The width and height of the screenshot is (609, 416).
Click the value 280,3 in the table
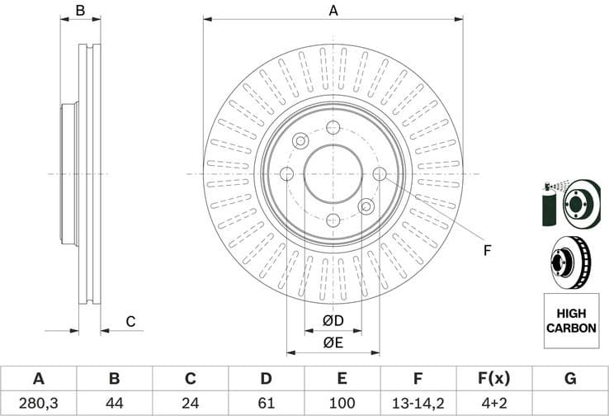pyautogui.click(x=38, y=403)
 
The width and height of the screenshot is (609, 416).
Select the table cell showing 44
pyautogui.click(x=115, y=403)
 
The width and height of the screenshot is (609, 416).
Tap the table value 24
pyautogui.click(x=191, y=403)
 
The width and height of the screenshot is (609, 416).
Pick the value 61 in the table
pyautogui.click(x=266, y=403)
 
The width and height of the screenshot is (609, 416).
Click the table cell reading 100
pyautogui.click(x=342, y=403)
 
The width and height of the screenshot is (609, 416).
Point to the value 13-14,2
pyautogui.click(x=418, y=403)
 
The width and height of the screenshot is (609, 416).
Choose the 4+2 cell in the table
pyautogui.click(x=493, y=403)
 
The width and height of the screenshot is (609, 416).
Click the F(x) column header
pyautogui.click(x=493, y=379)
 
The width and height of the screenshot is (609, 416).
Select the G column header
pyautogui.click(x=569, y=379)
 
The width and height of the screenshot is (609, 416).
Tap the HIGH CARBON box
pyautogui.click(x=570, y=321)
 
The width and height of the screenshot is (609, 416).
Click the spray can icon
pyautogui.click(x=550, y=203)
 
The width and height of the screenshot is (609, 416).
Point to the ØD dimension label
pyautogui.click(x=333, y=320)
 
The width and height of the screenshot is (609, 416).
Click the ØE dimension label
pyautogui.click(x=333, y=343)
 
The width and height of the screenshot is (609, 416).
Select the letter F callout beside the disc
pyautogui.click(x=487, y=250)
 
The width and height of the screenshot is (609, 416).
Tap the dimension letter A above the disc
pyautogui.click(x=333, y=11)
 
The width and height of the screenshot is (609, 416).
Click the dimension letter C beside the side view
pyautogui.click(x=130, y=321)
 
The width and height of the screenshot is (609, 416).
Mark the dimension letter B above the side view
pyautogui.click(x=80, y=11)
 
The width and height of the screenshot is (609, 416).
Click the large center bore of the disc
pyautogui.click(x=333, y=173)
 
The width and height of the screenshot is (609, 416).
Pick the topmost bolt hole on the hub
pyautogui.click(x=333, y=127)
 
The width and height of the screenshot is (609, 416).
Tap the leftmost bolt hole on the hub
pyautogui.click(x=287, y=173)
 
